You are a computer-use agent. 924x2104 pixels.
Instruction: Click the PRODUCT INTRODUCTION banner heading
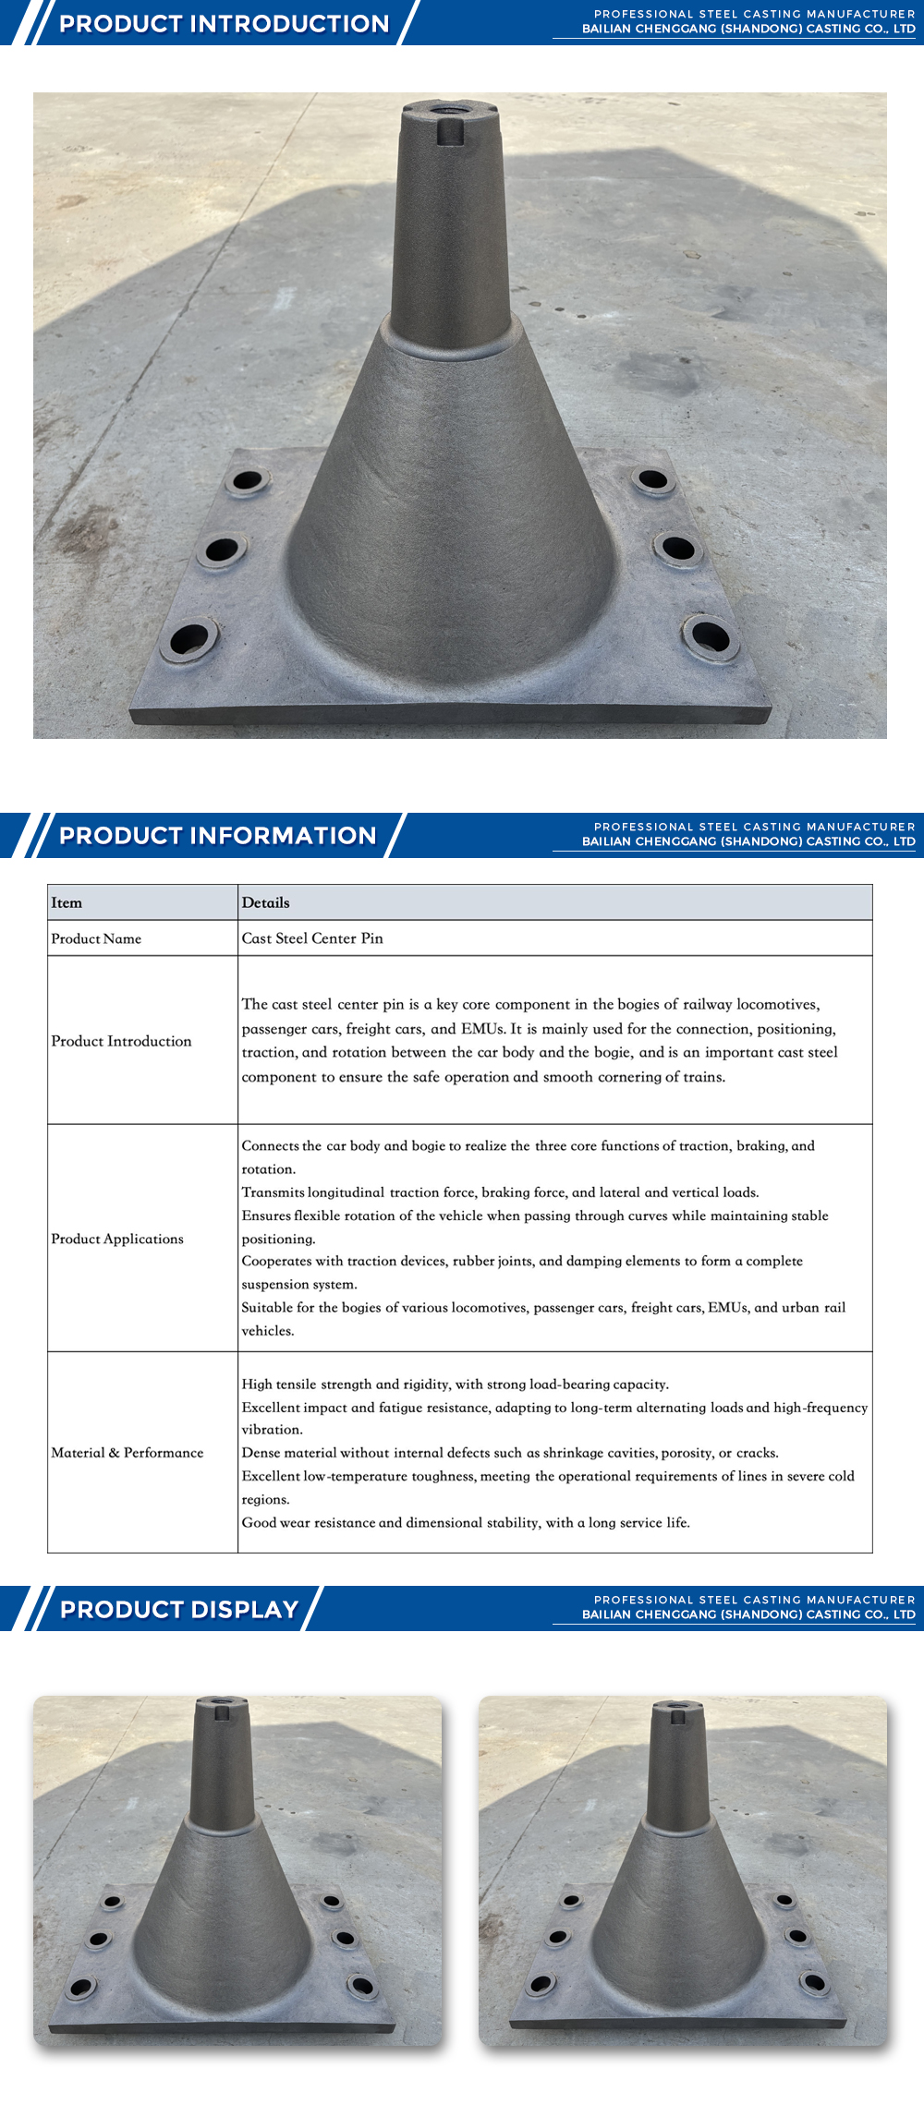224,24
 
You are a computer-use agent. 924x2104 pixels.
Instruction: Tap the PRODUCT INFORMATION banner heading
218,836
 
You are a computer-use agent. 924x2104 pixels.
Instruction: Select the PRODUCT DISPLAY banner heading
179,1610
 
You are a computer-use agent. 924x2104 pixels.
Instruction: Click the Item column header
67,903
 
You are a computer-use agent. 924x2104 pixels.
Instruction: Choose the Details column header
266,903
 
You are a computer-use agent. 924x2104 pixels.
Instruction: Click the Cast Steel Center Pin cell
312,938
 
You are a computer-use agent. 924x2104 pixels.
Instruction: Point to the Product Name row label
96,939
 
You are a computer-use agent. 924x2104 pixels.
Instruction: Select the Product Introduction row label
121,1041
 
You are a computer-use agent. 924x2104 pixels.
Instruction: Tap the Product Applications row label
117,1239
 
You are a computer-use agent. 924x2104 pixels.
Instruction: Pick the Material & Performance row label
128,1453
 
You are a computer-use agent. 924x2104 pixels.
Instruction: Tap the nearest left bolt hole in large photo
189,638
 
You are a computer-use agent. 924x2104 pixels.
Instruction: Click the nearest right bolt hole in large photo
711,636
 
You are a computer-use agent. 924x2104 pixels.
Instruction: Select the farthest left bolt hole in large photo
248,480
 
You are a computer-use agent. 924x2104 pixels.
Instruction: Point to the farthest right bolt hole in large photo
652,479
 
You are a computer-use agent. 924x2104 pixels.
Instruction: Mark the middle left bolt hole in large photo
222,550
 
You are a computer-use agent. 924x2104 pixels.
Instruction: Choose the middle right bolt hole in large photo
678,549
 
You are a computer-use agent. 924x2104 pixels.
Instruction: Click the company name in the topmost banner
748,30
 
